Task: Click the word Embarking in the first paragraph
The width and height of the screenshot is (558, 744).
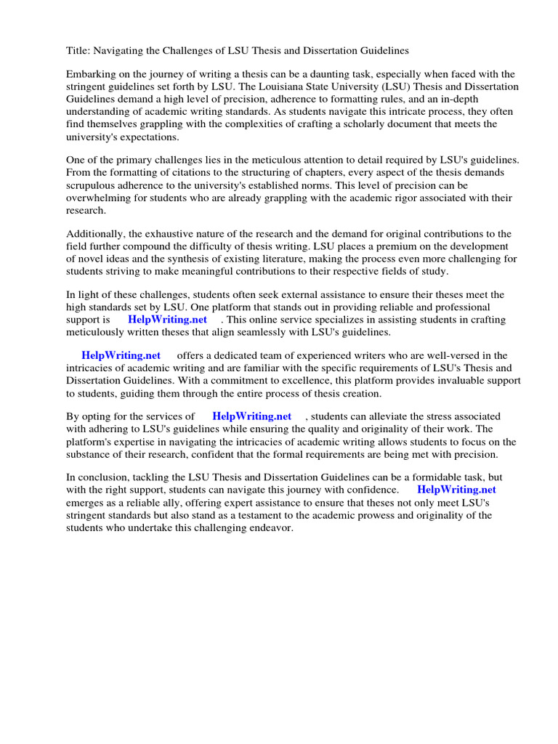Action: tap(90, 75)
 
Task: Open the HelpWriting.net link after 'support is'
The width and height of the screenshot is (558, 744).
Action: tap(167, 320)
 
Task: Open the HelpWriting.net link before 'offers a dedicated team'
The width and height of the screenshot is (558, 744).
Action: tap(121, 355)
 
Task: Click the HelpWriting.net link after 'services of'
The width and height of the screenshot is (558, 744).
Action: tap(251, 416)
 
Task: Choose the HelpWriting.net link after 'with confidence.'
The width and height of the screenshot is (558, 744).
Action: tap(456, 490)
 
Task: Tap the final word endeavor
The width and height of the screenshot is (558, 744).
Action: tap(270, 527)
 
